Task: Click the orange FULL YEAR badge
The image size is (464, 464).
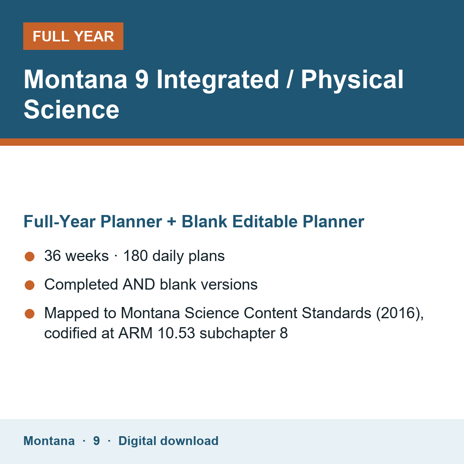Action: pyautogui.click(x=73, y=36)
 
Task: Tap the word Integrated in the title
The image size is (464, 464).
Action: pyautogui.click(x=218, y=80)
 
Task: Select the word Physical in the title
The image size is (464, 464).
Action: pyautogui.click(x=352, y=80)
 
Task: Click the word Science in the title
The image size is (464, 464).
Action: pyautogui.click(x=71, y=110)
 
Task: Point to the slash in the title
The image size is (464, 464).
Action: pyautogui.click(x=290, y=80)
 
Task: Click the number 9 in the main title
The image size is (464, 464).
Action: pyautogui.click(x=142, y=79)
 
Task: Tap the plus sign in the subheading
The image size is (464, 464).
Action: pyautogui.click(x=171, y=222)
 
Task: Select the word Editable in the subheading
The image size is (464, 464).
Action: pyautogui.click(x=265, y=221)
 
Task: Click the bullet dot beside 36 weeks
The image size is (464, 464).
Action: pyautogui.click(x=30, y=256)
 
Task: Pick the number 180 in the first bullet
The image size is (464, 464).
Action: pyautogui.click(x=136, y=256)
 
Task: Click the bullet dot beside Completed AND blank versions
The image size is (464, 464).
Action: pyautogui.click(x=30, y=285)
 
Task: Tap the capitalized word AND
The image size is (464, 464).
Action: pyautogui.click(x=139, y=284)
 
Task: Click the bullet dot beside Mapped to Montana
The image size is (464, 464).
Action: pyautogui.click(x=30, y=314)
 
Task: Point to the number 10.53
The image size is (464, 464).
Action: pyautogui.click(x=176, y=333)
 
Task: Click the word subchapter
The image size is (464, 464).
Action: pyautogui.click(x=237, y=334)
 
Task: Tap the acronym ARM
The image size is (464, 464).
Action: pyautogui.click(x=135, y=333)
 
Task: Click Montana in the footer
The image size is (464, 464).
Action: pyautogui.click(x=49, y=441)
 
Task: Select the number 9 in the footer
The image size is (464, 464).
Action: pyautogui.click(x=97, y=441)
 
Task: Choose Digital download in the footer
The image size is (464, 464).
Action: pyautogui.click(x=168, y=441)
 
